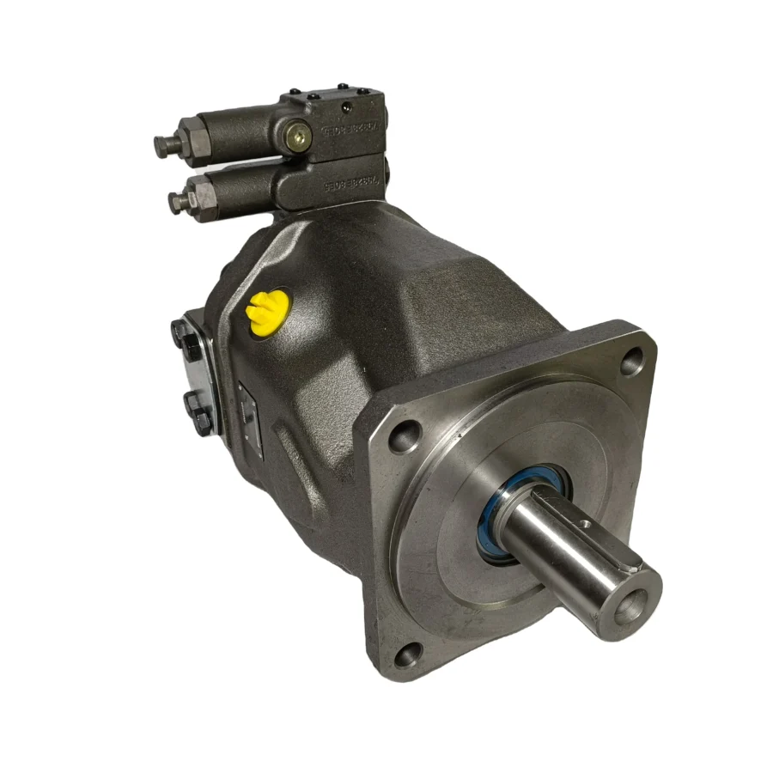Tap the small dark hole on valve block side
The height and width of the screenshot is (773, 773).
(x=347, y=108)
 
